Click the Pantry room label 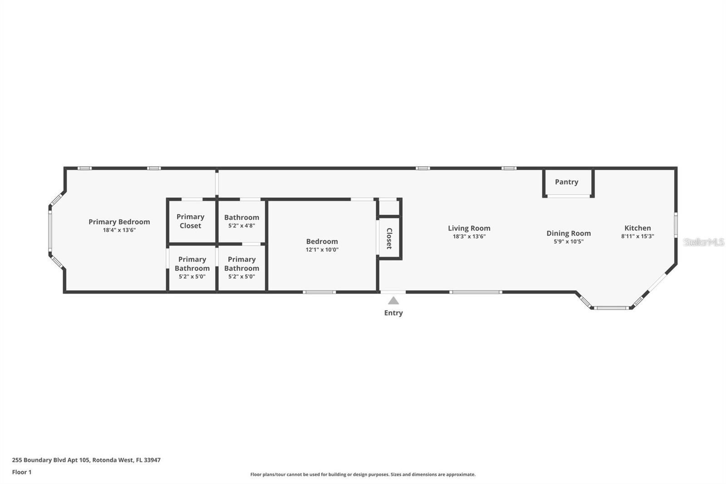click(x=566, y=182)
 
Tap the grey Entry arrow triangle click(x=393, y=301)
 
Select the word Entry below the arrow click(x=393, y=313)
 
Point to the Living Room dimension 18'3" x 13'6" click(x=469, y=237)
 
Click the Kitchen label click(x=638, y=228)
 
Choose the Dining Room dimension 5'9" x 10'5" click(x=569, y=242)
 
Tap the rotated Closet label click(x=389, y=238)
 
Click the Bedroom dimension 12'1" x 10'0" click(x=322, y=250)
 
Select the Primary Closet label click(x=190, y=221)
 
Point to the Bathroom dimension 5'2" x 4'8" click(x=241, y=226)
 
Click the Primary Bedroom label click(x=119, y=222)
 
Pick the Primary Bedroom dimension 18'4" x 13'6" click(x=119, y=230)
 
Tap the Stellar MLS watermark click(x=704, y=242)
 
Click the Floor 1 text click(x=22, y=472)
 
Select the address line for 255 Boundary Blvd click(x=86, y=459)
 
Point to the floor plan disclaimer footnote click(x=363, y=474)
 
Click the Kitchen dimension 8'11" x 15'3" click(x=638, y=237)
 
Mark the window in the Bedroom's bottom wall click(x=319, y=292)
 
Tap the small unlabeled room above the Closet click(x=389, y=207)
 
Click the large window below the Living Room click(x=476, y=292)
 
